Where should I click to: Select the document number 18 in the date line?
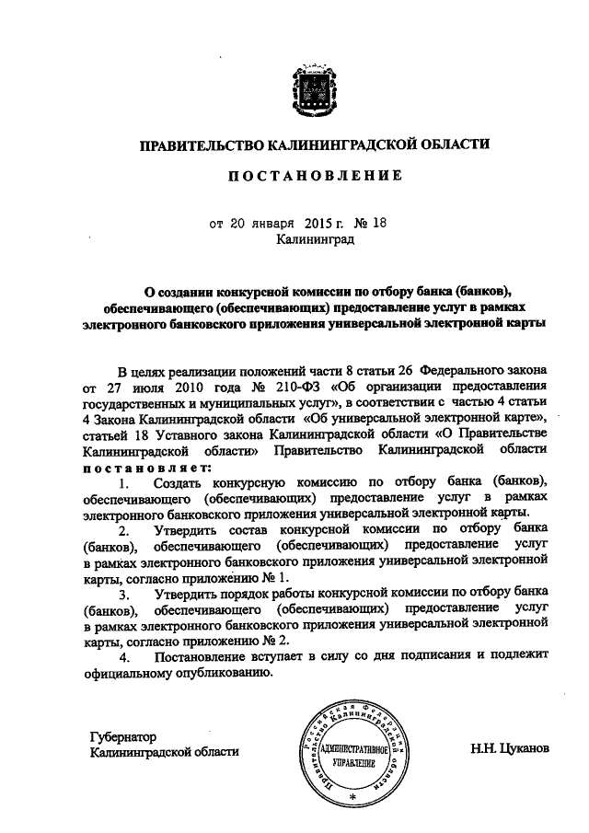point(379,223)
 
